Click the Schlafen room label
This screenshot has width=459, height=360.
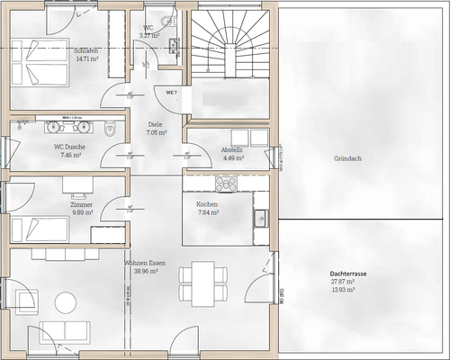86,50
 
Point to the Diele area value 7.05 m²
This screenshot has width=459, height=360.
157,131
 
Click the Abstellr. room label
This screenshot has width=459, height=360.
232,150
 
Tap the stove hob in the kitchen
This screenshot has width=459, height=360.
226,183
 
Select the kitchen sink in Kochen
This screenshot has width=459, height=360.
260,218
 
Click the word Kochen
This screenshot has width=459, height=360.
207,204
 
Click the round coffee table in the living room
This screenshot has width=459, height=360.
66,301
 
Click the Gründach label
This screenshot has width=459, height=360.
347,158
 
